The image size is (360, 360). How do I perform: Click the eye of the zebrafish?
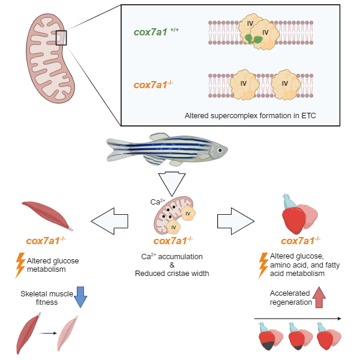(x=220, y=150)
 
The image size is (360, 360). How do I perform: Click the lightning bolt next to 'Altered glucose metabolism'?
(x=19, y=265)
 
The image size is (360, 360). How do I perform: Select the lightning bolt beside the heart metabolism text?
(x=263, y=265)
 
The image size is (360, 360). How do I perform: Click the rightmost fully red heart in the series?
(x=327, y=338)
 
